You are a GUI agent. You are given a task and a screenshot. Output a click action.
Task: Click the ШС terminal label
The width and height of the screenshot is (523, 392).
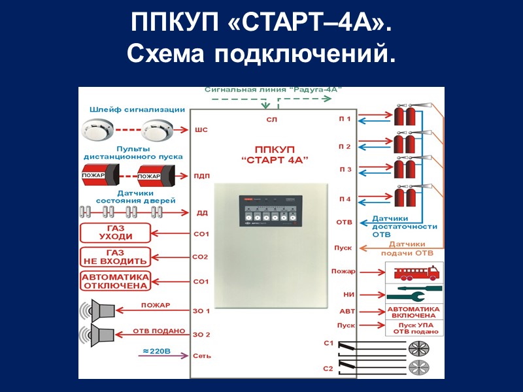point(201,130)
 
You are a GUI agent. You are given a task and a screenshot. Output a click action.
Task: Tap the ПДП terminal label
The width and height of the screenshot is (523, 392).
point(201,175)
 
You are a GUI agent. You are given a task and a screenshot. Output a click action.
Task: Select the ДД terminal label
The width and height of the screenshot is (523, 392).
point(202,213)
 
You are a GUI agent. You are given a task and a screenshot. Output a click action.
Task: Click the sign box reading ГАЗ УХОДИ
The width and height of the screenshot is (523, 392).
point(115,233)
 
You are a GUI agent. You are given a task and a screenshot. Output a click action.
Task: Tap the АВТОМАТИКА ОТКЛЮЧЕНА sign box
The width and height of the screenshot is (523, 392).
point(115,281)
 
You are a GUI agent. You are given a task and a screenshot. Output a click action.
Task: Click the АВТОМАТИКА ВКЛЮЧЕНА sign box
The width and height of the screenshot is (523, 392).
point(414,311)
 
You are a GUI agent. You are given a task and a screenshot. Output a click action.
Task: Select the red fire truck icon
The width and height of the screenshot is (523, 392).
point(414,271)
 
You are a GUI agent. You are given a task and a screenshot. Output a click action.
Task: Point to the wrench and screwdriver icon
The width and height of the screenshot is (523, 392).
point(414,292)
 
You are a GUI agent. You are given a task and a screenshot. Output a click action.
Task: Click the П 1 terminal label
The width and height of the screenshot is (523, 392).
point(345,120)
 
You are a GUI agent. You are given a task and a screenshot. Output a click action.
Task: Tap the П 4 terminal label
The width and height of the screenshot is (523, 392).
point(345,199)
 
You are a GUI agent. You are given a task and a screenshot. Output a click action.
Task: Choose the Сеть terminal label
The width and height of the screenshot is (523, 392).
point(201,357)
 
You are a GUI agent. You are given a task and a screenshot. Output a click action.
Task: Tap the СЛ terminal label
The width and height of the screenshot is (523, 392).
point(272,120)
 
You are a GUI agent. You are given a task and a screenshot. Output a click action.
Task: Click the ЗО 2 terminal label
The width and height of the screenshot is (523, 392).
point(201,335)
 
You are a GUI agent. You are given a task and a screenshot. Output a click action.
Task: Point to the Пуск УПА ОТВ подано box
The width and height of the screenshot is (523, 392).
point(415,328)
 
